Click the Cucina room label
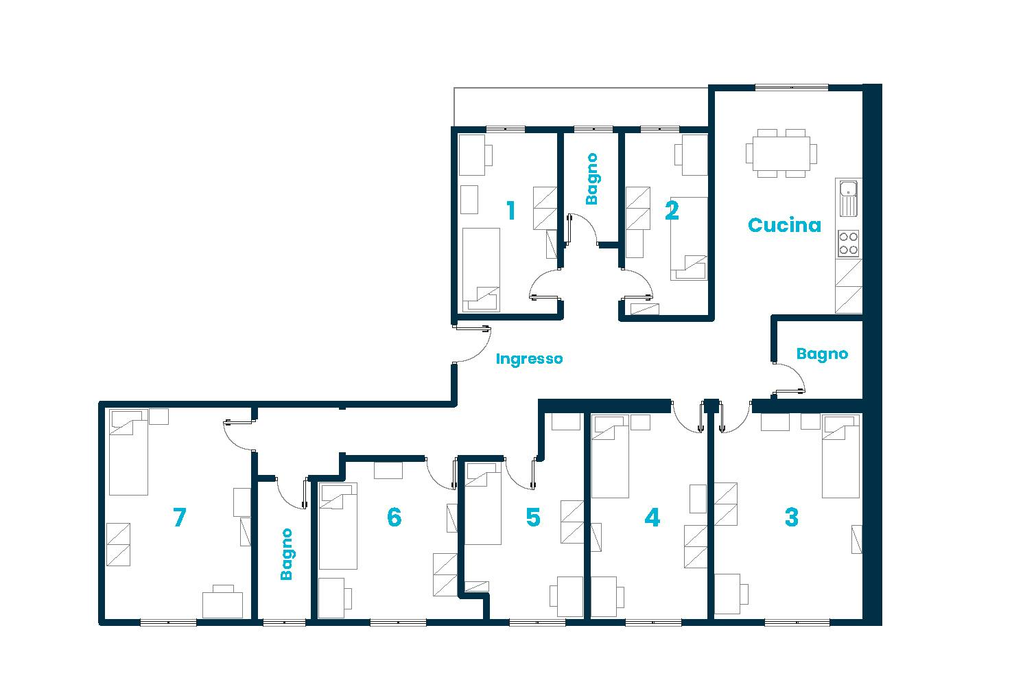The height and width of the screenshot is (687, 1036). pos(784,225)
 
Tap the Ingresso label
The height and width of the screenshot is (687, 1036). pos(529,359)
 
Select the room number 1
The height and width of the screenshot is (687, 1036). pos(510,211)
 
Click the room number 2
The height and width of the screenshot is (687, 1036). pos(672,211)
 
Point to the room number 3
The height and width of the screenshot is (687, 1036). pos(791,517)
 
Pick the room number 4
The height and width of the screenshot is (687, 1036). pos(652,517)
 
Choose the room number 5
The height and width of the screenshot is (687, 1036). pos(533,517)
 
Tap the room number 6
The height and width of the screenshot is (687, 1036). pos(394,517)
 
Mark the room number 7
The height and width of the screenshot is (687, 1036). pos(179,517)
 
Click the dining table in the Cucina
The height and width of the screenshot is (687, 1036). pos(781,153)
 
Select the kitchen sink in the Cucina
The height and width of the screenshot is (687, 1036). pos(849,197)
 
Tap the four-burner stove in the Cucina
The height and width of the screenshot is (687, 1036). pos(849,243)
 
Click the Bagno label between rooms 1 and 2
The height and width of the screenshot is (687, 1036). pos(591,179)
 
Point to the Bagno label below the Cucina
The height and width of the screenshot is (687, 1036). pos(822,354)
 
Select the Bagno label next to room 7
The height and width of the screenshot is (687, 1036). pos(287,554)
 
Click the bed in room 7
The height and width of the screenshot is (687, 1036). pos(128,453)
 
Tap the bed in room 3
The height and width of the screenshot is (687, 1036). pos(840,456)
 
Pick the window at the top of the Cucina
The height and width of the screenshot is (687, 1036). pos(791,87)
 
